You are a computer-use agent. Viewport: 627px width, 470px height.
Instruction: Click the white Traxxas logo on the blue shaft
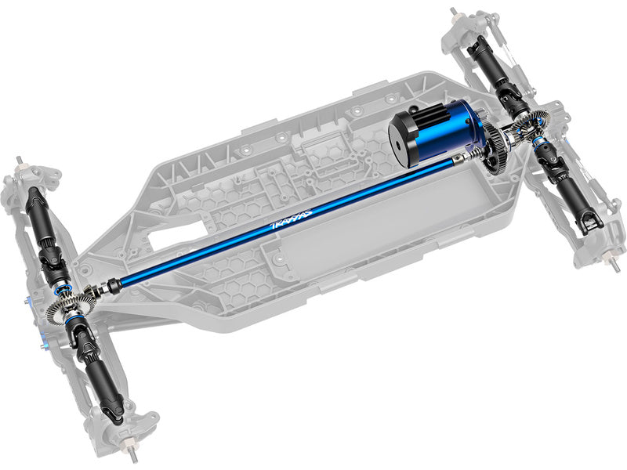pyautogui.click(x=291, y=219)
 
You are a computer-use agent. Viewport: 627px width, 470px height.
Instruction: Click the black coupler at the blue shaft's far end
pyautogui.click(x=113, y=285)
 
